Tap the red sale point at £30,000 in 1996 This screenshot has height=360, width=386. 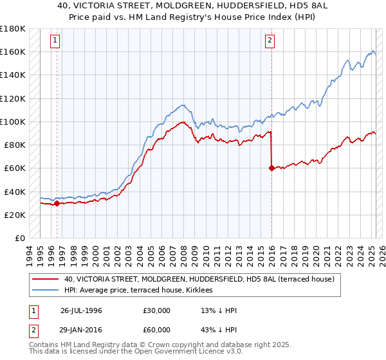tap(57, 203)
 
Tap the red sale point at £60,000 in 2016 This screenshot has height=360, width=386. tap(271, 168)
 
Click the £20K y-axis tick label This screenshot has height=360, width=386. tap(15, 215)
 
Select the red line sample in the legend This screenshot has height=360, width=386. tap(46, 280)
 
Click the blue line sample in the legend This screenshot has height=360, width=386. tap(46, 291)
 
